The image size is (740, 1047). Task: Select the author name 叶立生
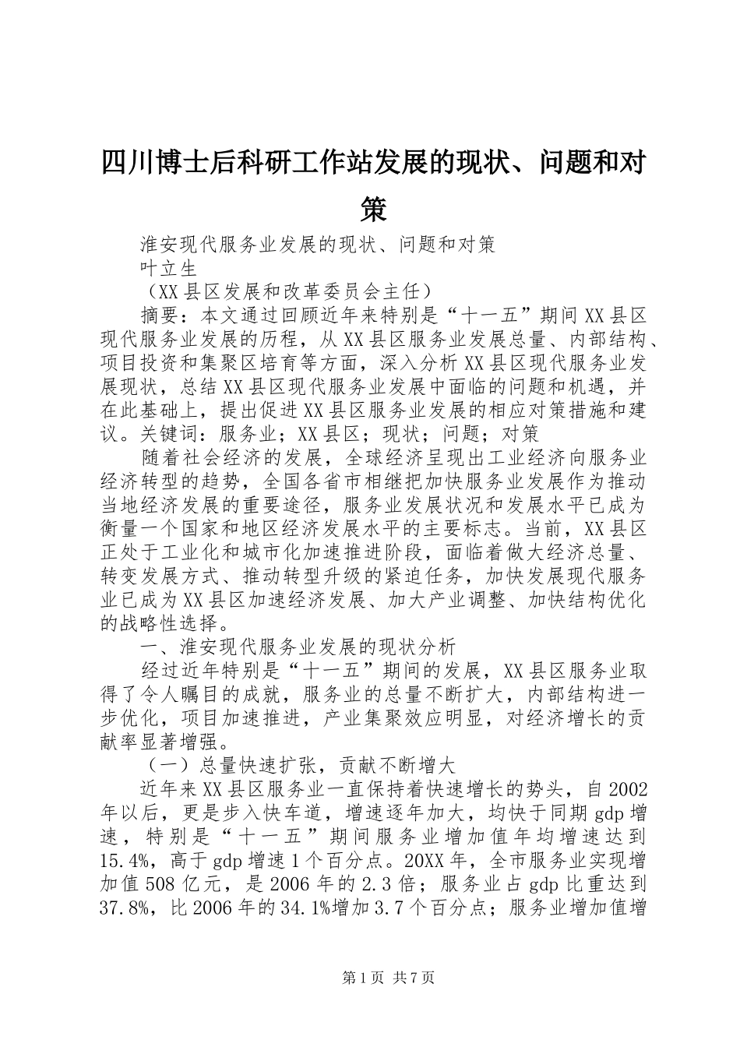[168, 269]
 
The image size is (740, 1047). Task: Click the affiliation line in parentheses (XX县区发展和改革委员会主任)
[286, 292]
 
